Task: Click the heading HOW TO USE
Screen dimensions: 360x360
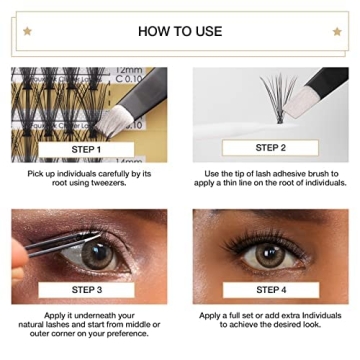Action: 180,31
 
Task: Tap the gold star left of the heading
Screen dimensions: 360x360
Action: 29,31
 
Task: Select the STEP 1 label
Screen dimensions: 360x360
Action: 88,150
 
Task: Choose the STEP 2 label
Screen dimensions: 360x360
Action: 270,147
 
